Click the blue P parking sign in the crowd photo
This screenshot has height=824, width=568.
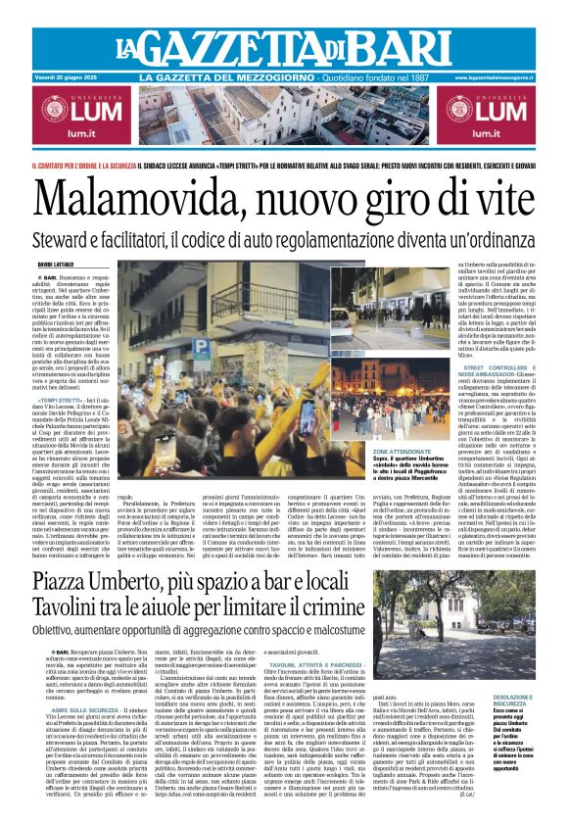200,347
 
